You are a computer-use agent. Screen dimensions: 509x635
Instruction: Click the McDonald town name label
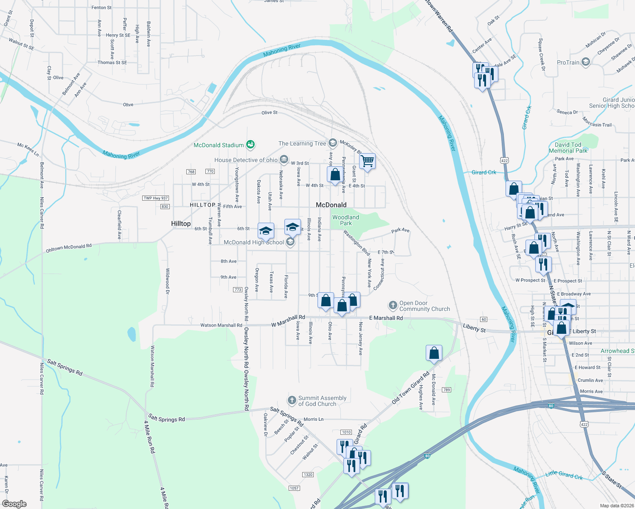tap(331, 205)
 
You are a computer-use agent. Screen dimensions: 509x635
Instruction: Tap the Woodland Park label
tap(346, 220)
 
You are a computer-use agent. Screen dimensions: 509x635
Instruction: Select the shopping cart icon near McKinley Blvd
tap(367, 162)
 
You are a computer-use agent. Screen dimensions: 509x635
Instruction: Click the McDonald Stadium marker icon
tap(250, 145)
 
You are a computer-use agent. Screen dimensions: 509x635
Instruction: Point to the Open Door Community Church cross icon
tap(393, 305)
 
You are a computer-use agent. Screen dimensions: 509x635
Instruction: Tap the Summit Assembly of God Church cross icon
tap(292, 400)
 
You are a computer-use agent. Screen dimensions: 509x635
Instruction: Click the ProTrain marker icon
tap(586, 62)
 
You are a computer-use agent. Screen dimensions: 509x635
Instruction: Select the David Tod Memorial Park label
tap(568, 148)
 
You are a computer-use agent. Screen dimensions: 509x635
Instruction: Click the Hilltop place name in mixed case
tap(181, 224)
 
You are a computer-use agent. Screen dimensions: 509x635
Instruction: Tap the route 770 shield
tap(210, 171)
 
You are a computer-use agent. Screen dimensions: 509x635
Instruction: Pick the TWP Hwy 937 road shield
tap(156, 198)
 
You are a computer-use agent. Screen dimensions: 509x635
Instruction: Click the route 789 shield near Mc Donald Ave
tap(446, 390)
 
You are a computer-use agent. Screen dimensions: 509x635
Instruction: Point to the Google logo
tap(14, 504)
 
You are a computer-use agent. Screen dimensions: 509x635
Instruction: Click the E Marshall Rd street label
tap(386, 318)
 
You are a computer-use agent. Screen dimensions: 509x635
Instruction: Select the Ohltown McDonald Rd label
tap(69, 248)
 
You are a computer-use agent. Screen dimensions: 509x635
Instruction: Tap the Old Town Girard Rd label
tap(410, 387)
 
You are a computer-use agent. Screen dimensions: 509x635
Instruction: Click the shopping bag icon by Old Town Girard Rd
tap(434, 353)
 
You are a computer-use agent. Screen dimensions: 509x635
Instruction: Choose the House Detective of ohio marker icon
tap(284, 160)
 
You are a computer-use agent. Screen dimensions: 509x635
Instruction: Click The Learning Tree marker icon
tap(332, 143)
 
